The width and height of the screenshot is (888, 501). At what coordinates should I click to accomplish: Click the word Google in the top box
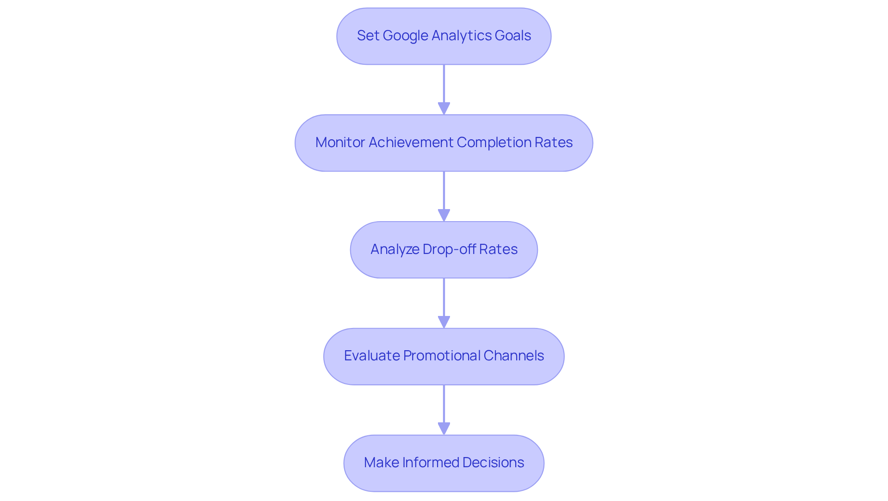point(405,36)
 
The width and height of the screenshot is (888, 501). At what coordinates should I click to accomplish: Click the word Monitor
point(340,142)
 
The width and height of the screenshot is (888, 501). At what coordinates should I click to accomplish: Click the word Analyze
point(395,249)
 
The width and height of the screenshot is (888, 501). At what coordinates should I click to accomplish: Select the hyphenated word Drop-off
point(449,249)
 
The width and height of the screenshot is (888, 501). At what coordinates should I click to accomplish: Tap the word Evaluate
point(371,356)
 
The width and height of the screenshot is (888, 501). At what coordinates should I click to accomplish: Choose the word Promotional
point(441,356)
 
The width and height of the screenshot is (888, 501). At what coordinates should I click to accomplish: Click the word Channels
point(513,356)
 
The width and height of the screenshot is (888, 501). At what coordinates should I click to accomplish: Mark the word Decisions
point(493,463)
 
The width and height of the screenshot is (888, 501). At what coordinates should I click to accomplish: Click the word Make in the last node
point(381,463)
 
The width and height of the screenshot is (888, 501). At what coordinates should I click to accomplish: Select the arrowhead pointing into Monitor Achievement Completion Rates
point(444,108)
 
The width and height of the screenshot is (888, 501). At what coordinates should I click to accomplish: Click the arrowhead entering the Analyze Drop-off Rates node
point(444,215)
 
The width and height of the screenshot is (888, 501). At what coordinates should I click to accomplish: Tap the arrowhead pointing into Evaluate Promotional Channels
point(444,322)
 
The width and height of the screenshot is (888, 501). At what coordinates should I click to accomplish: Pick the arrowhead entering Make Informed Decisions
point(444,428)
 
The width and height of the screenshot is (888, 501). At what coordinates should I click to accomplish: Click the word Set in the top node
point(368,36)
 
